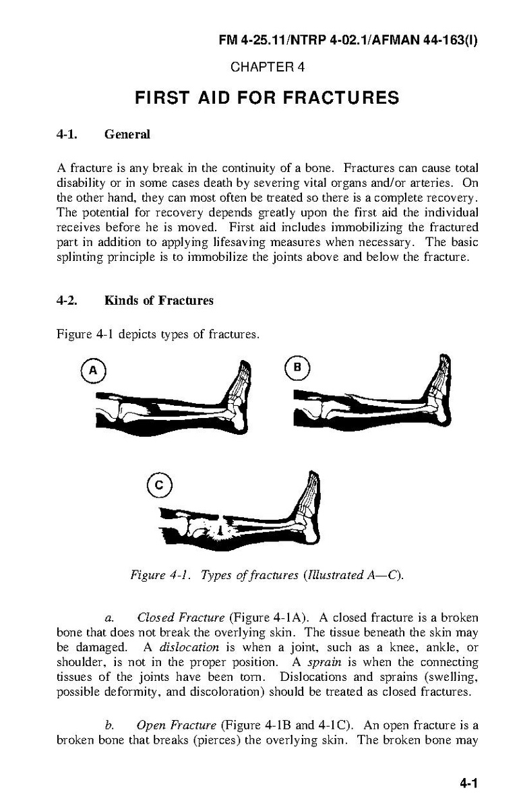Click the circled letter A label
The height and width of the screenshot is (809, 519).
94,369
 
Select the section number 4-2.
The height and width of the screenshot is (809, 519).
67,301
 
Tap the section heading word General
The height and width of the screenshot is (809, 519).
127,134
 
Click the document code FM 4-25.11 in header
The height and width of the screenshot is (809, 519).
248,40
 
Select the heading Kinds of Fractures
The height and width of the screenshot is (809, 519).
159,301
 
